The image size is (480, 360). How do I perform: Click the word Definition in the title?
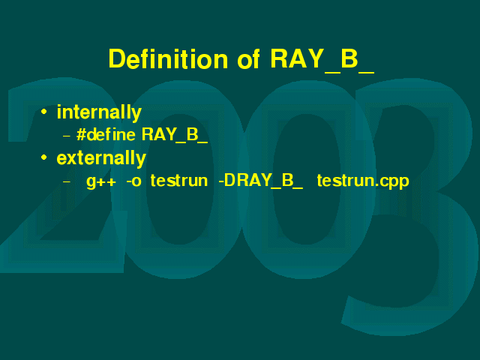click(168, 58)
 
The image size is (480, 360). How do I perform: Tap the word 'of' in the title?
click(248, 58)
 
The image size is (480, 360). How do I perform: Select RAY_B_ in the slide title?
click(322, 60)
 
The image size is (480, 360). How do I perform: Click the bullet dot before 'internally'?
click(44, 112)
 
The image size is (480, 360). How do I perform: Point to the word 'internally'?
click(99, 112)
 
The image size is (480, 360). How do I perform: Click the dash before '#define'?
click(67, 136)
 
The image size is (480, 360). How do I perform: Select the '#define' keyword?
click(106, 134)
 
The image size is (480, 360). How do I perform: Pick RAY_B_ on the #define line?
click(175, 135)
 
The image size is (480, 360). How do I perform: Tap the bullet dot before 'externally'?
click(44, 157)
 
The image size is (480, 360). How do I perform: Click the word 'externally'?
click(101, 158)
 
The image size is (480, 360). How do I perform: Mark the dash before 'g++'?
click(67, 181)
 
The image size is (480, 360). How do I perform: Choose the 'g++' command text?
click(101, 181)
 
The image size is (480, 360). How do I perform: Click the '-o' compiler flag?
click(133, 181)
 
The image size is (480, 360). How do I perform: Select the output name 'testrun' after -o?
click(179, 180)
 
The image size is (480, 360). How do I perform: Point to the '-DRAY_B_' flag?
click(260, 181)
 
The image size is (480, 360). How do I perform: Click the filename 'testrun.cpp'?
click(363, 181)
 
